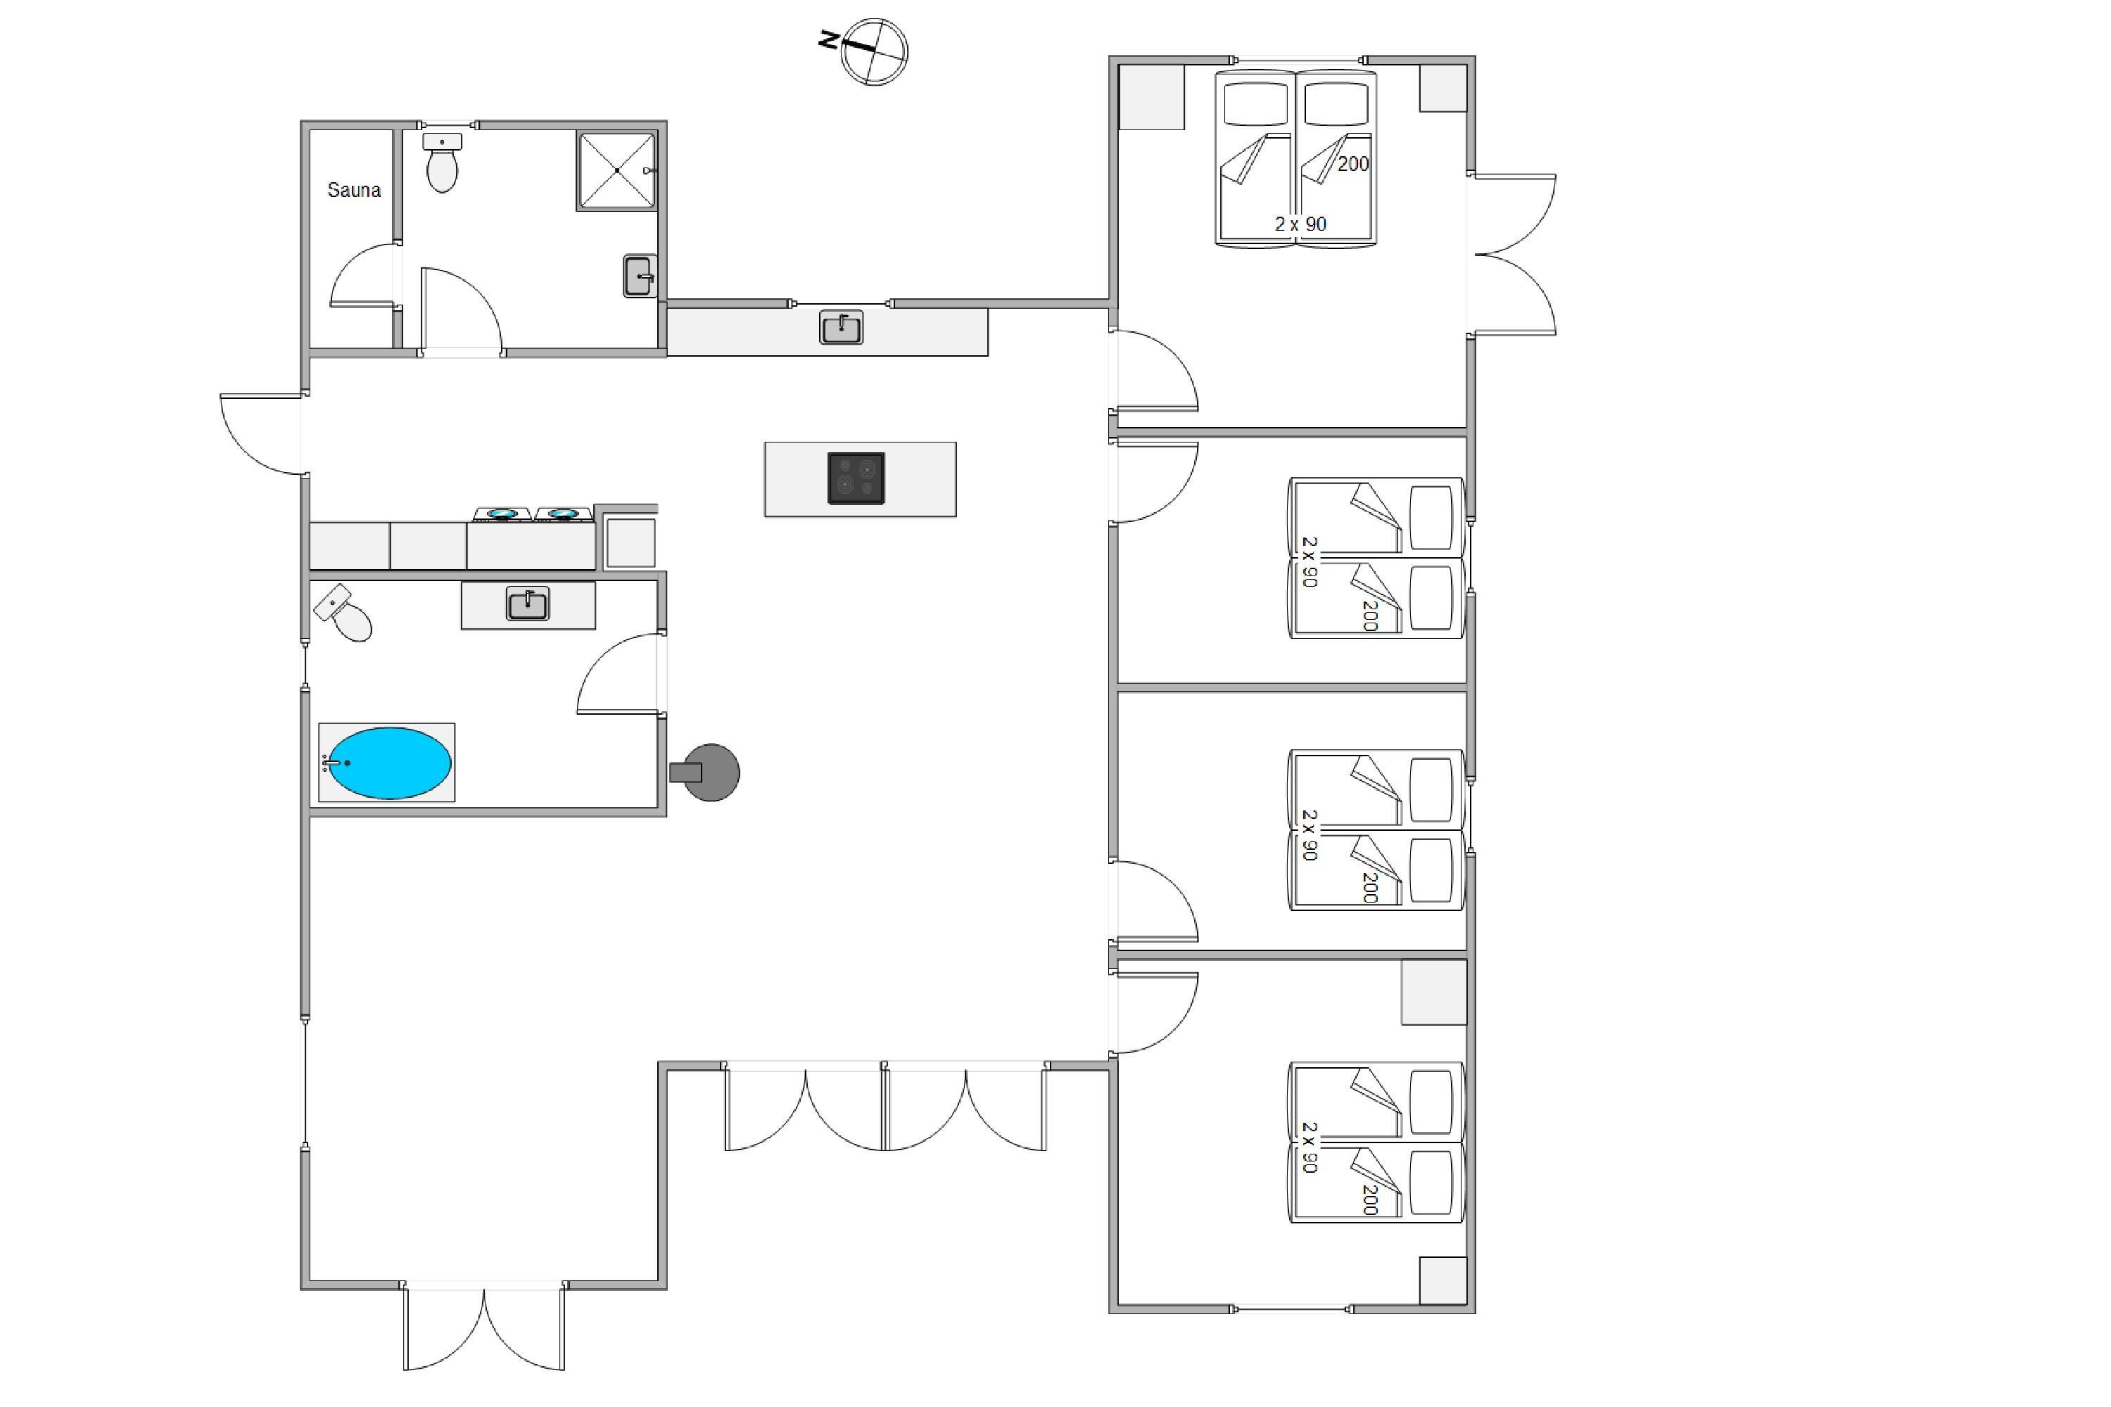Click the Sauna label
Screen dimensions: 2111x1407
pos(354,190)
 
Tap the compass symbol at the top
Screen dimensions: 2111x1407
pos(873,51)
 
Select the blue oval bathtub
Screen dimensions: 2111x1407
pos(388,763)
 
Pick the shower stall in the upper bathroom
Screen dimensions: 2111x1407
pos(616,170)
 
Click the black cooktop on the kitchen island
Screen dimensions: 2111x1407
pos(856,478)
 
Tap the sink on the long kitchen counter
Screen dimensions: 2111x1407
pos(841,328)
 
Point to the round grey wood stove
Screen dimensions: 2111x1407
pos(706,772)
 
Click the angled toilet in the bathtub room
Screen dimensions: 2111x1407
pos(344,613)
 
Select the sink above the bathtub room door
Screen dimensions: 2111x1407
pos(528,604)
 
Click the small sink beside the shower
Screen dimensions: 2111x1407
pos(639,276)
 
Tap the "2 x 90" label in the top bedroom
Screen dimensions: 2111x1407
pos(1300,224)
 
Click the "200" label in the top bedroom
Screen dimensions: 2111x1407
pos(1353,164)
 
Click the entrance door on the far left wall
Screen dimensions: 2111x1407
pos(260,433)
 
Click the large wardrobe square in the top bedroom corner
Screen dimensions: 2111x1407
pos(1151,97)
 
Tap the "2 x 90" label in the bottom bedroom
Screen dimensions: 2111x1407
pos(1310,1147)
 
